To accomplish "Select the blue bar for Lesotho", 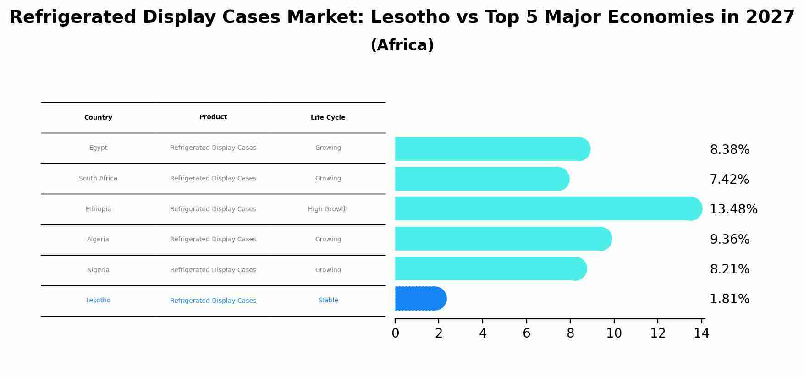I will pos(419,299).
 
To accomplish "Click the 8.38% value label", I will pos(729,150).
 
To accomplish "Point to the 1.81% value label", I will pos(729,299).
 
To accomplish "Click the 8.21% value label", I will pos(729,269).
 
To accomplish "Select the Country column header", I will pos(98,118).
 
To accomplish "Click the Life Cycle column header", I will pos(328,118).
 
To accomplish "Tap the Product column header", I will pos(213,117).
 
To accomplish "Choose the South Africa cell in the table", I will pos(98,179).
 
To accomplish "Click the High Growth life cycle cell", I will pos(328,209).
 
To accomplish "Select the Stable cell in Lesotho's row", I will pos(328,301).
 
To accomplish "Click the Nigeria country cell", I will pos(98,270).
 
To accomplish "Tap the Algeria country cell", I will pos(98,240).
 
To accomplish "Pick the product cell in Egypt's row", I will pos(213,148).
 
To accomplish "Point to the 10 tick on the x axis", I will pos(614,333).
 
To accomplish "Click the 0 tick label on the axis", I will pos(395,333).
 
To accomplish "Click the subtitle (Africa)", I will pos(402,45).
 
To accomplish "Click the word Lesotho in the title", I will pos(410,17).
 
